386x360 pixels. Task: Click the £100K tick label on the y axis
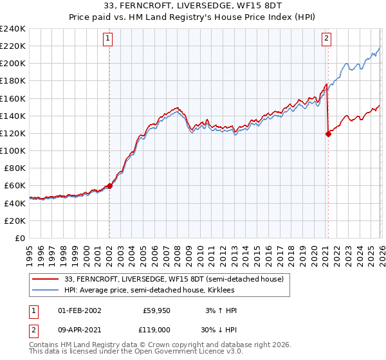coord(12,150)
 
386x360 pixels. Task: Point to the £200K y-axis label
coord(12,64)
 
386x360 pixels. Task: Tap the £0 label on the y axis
coord(19,238)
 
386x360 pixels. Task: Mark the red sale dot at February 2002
coord(109,186)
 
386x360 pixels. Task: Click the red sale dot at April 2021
coord(328,134)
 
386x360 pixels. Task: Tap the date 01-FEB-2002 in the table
coord(79,310)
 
